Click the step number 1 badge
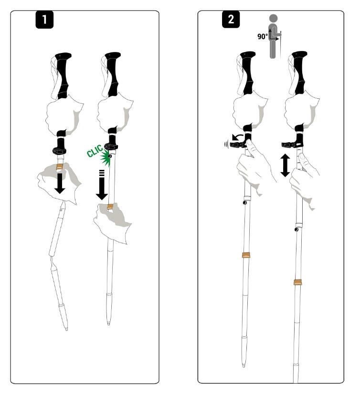[44, 20]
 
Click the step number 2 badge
[231, 20]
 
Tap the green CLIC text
[95, 151]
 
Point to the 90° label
[263, 37]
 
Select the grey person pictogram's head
[274, 18]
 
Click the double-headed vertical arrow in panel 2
[286, 166]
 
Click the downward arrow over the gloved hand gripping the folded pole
[60, 183]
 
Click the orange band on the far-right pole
[298, 282]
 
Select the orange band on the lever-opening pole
[246, 255]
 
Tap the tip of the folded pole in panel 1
[66, 329]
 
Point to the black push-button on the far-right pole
[296, 229]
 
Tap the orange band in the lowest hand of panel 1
[110, 208]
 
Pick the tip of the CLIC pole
[108, 323]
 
